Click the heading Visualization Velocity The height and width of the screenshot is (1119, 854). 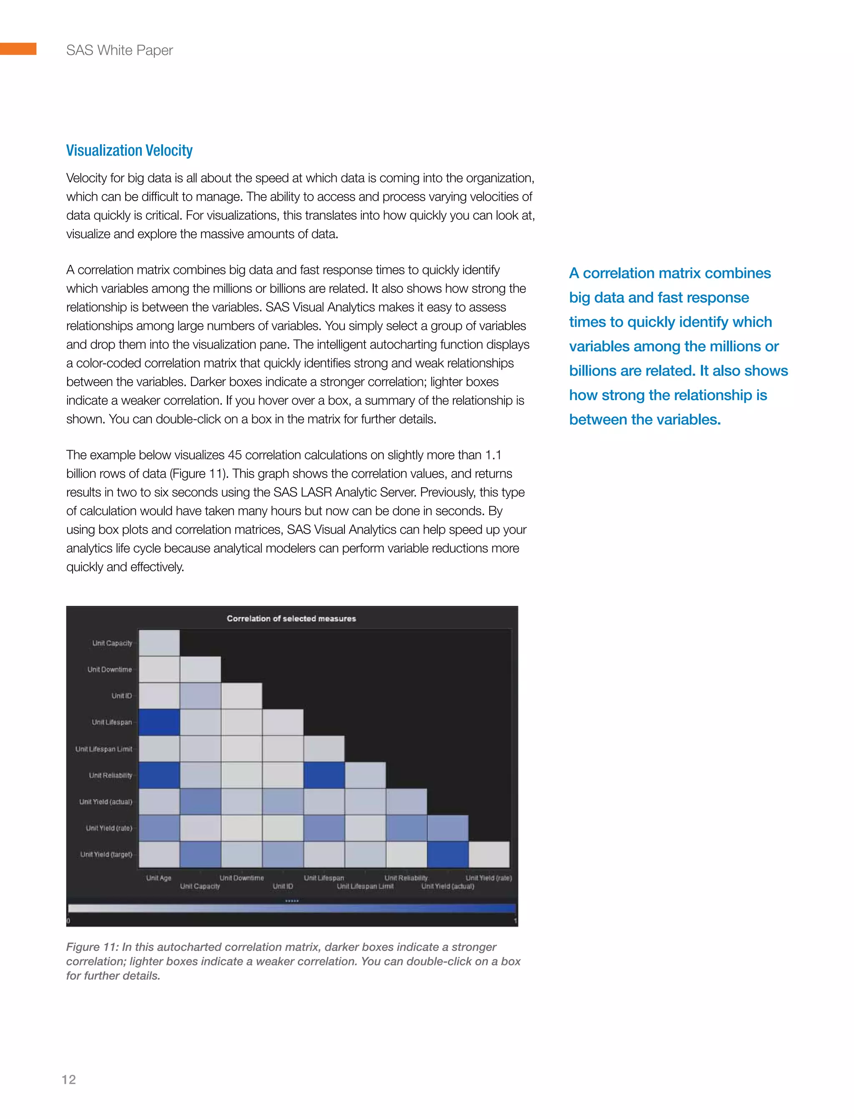click(x=129, y=151)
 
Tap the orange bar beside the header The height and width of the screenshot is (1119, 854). click(x=18, y=49)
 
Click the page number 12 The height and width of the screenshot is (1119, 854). click(x=69, y=1079)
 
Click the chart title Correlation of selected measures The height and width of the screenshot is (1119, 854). click(x=291, y=618)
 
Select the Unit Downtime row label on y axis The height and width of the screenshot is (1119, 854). click(x=109, y=669)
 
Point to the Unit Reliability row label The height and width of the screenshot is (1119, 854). click(x=111, y=775)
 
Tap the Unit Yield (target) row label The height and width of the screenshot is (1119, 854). click(x=106, y=854)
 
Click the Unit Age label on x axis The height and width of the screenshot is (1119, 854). click(x=158, y=878)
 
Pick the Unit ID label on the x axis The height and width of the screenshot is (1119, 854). click(x=283, y=886)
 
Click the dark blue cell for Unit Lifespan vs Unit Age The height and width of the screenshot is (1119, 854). click(x=159, y=722)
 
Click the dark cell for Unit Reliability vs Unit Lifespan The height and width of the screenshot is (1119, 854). click(x=324, y=775)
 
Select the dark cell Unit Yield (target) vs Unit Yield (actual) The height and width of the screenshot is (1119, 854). click(x=448, y=854)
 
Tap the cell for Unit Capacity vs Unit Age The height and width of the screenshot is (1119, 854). click(x=159, y=643)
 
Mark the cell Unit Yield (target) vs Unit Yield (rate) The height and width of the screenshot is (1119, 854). click(x=489, y=854)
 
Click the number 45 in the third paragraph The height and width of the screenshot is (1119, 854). click(x=235, y=455)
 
